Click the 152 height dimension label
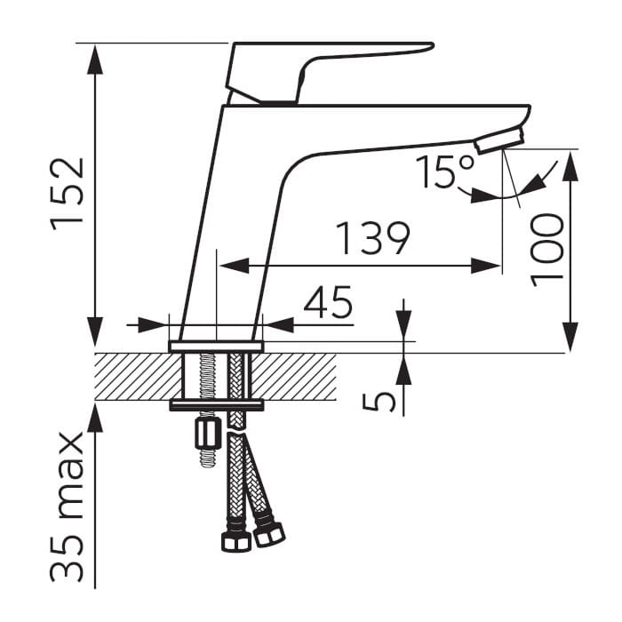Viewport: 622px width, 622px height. (67, 194)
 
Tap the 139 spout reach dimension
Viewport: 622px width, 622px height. (373, 238)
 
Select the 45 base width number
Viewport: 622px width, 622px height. (328, 302)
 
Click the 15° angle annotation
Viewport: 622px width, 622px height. (445, 171)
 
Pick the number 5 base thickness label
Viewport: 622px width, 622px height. (379, 401)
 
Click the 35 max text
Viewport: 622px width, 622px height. (67, 507)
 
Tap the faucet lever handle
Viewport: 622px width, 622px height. (325, 71)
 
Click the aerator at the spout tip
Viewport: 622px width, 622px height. (499, 140)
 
